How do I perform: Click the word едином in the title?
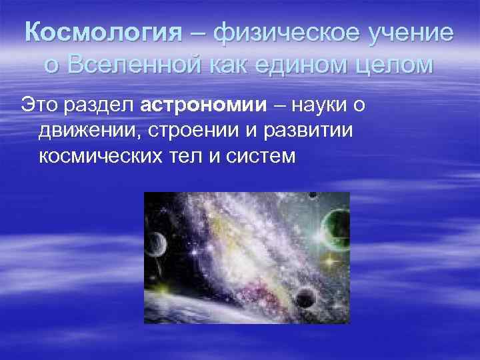(x=313, y=66)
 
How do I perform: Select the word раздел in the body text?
(x=104, y=105)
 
